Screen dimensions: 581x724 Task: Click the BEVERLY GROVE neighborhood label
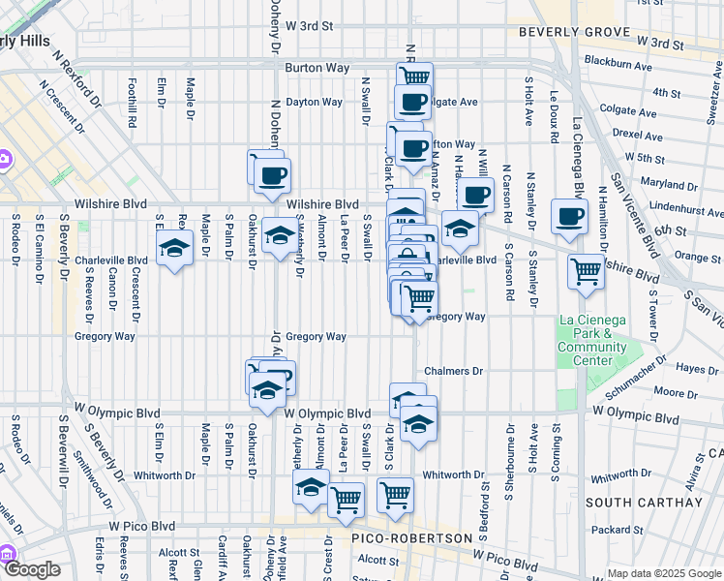tap(569, 32)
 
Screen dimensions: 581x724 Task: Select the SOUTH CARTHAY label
tap(644, 503)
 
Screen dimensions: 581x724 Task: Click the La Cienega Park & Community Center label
tap(592, 341)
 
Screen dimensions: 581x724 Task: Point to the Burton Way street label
tap(317, 68)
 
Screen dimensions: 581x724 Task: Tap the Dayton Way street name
tap(315, 102)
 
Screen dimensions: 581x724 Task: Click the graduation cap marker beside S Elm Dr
tap(174, 248)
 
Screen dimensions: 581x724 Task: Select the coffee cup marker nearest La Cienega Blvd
tap(569, 216)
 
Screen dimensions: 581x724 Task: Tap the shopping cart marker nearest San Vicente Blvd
tap(586, 272)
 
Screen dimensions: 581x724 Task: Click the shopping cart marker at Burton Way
tap(414, 76)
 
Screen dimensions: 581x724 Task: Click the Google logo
tap(33, 570)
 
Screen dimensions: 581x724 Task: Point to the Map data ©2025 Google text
tap(664, 573)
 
